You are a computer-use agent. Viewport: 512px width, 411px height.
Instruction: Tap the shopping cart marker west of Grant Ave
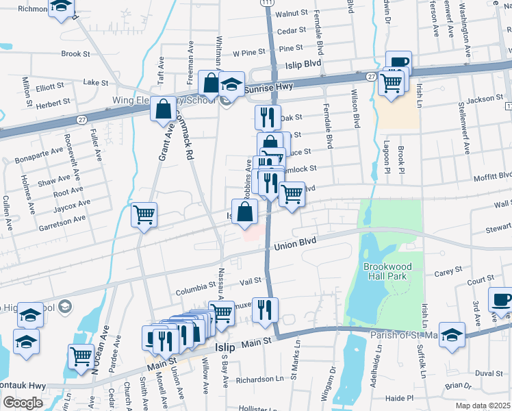click(144, 214)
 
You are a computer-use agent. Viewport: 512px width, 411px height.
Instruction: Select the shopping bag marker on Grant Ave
click(164, 108)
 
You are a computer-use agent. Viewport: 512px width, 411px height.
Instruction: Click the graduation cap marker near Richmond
click(62, 7)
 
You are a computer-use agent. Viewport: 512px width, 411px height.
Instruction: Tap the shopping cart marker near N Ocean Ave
click(81, 356)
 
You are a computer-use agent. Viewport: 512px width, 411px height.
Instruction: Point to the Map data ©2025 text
click(483, 406)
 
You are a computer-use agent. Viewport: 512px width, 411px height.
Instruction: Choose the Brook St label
click(75, 53)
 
